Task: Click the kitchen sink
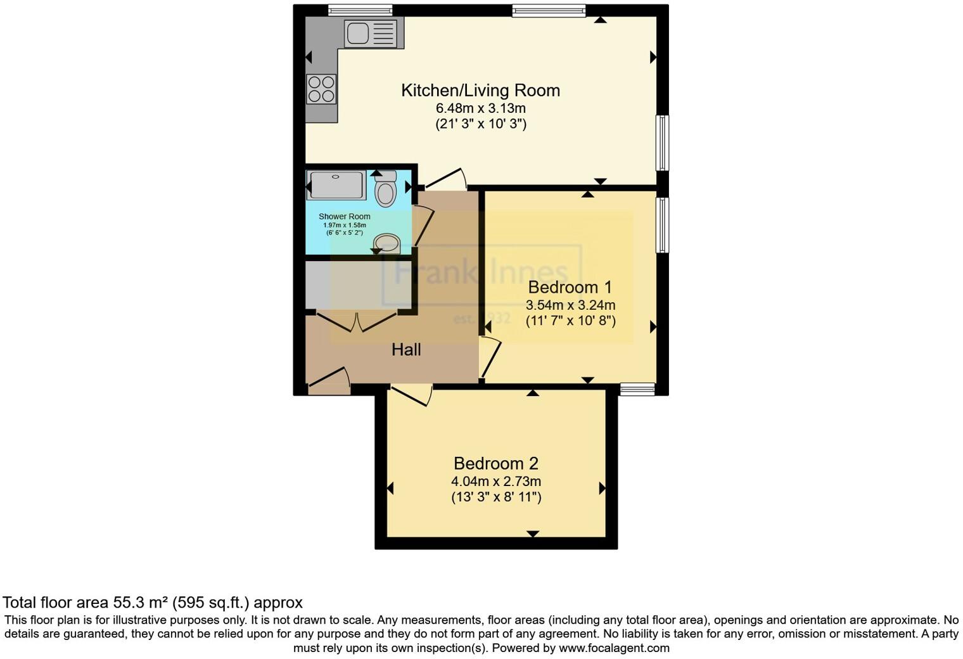point(374,33)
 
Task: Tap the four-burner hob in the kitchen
point(321,89)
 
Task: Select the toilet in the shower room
point(385,189)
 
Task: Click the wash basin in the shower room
point(386,243)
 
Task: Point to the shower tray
point(336,184)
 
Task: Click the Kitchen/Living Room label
point(480,91)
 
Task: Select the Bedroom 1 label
point(570,287)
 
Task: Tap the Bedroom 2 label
point(495,463)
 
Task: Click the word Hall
point(406,350)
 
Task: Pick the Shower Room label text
point(344,217)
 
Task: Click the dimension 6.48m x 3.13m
point(480,108)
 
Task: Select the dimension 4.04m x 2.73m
point(495,482)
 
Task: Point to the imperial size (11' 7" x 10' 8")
point(570,321)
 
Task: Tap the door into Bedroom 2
point(412,394)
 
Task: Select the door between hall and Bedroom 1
point(490,357)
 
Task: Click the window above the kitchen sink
point(360,10)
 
